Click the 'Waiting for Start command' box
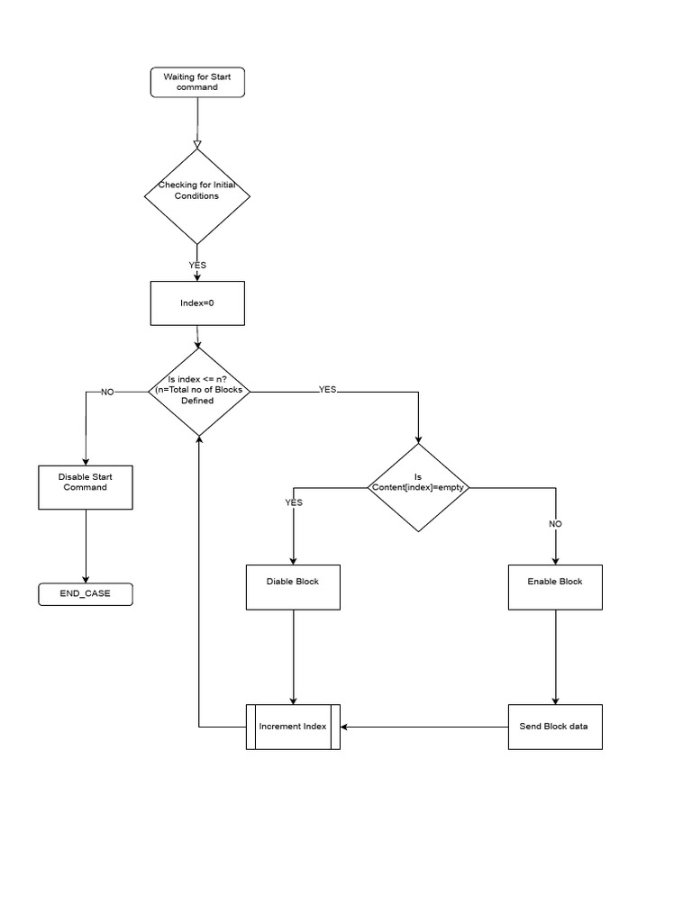click(x=197, y=82)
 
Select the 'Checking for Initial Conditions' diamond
click(x=197, y=196)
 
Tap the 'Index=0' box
click(x=197, y=303)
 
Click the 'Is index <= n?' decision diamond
click(x=199, y=392)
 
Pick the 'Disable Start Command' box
click(x=86, y=487)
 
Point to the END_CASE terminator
click(x=86, y=594)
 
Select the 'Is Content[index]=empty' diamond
click(x=418, y=487)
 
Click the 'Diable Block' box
click(x=293, y=587)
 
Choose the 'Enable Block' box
click(x=555, y=587)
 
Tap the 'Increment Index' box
click(x=293, y=727)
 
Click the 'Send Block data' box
click(x=555, y=727)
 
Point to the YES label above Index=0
click(x=197, y=266)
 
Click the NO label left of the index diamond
click(x=107, y=393)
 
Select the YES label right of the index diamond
click(x=328, y=389)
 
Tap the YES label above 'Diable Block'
click(x=294, y=502)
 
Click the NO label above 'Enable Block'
click(x=555, y=524)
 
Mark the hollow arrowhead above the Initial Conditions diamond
click(x=197, y=145)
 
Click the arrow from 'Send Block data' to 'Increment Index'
click(x=424, y=727)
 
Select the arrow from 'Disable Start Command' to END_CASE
click(x=86, y=547)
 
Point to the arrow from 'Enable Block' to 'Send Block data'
click(x=555, y=657)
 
